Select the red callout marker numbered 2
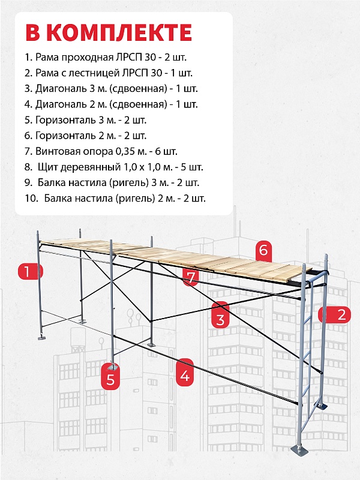click(341, 314)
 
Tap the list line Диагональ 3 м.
click(111, 89)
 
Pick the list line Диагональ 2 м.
click(111, 104)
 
